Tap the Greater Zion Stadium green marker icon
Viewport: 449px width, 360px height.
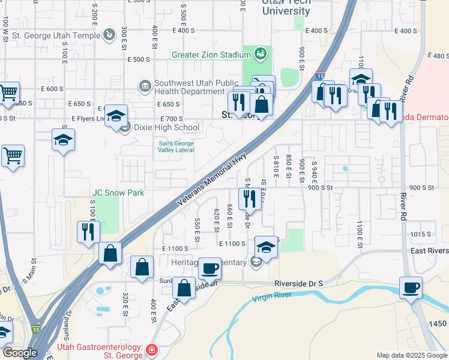(261, 55)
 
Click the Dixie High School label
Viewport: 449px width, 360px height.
(161, 127)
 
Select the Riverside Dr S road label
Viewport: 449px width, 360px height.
(299, 283)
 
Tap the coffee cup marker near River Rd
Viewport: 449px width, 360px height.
(411, 287)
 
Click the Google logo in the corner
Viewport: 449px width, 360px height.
(20, 353)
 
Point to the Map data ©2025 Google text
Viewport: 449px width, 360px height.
(411, 355)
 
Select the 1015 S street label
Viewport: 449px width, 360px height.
(420, 234)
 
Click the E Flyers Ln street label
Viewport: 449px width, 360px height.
(88, 119)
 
